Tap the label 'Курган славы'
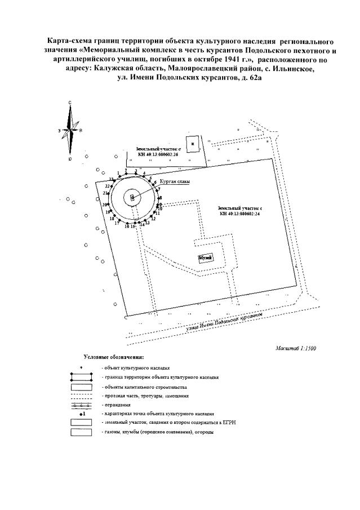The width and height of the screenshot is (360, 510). (174, 181)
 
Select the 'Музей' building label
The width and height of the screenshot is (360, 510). (204, 258)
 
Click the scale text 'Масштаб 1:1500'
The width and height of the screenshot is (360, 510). (296, 348)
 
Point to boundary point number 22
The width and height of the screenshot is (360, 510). (108, 186)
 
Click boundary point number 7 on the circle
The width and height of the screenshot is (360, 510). (159, 189)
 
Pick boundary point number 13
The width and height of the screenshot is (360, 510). (147, 223)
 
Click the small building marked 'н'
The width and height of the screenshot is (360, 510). (193, 144)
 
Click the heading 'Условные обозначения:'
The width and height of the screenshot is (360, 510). (113, 357)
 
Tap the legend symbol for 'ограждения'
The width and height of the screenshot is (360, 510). (81, 405)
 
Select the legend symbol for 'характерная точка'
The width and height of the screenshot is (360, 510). (81, 414)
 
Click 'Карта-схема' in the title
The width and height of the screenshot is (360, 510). (68, 42)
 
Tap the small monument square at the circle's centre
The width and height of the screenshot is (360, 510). (132, 197)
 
